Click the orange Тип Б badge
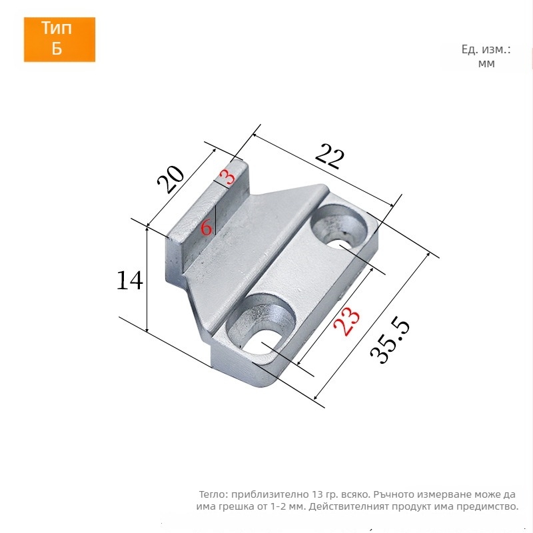pyautogui.click(x=59, y=39)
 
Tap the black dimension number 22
pyautogui.click(x=329, y=156)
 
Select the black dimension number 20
pyautogui.click(x=171, y=179)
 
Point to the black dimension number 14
pyautogui.click(x=129, y=280)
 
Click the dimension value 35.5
pyautogui.click(x=390, y=340)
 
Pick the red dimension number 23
pyautogui.click(x=346, y=321)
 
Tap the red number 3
pyautogui.click(x=227, y=177)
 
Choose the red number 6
pyautogui.click(x=206, y=227)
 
